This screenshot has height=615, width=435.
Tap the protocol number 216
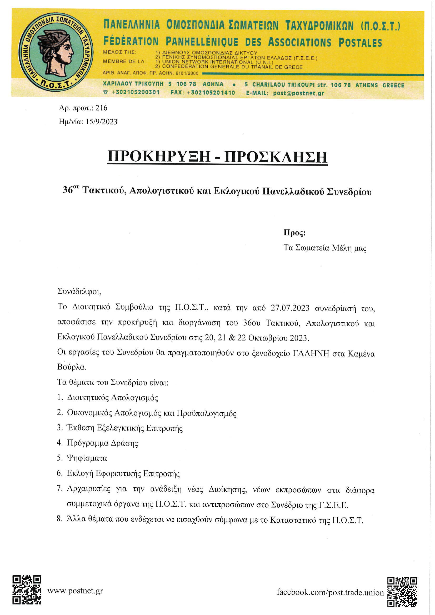point(102,108)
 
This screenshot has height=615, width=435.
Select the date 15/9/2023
point(102,122)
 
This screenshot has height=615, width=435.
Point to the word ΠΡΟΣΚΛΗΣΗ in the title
point(276,157)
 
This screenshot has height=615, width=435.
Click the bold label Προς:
point(294,233)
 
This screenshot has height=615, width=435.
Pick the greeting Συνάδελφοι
point(79,291)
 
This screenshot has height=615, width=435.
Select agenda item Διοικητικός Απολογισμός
point(113,397)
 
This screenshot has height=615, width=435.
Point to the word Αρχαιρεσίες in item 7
point(89,489)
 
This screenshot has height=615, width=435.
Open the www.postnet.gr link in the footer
point(75,591)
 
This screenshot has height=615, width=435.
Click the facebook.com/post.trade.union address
point(330,592)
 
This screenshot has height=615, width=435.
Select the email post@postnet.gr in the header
point(298,93)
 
